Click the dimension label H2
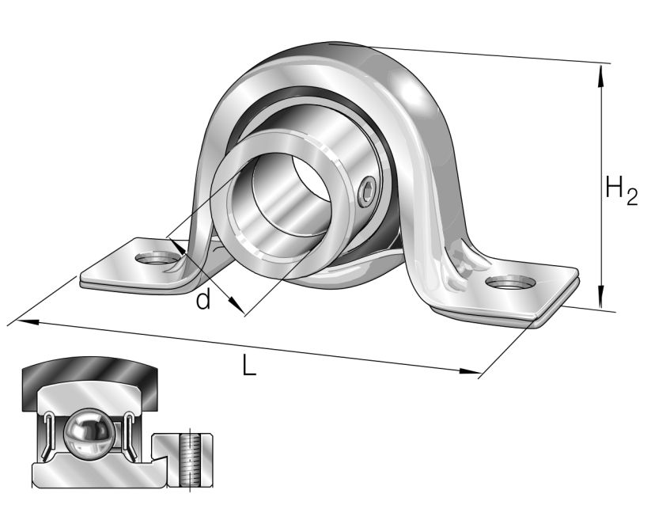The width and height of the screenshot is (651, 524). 620,191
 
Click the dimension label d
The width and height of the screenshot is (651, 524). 203,301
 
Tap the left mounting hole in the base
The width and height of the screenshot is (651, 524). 155,258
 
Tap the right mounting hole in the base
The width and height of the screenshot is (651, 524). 509,283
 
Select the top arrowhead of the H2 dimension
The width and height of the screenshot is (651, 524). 602,71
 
